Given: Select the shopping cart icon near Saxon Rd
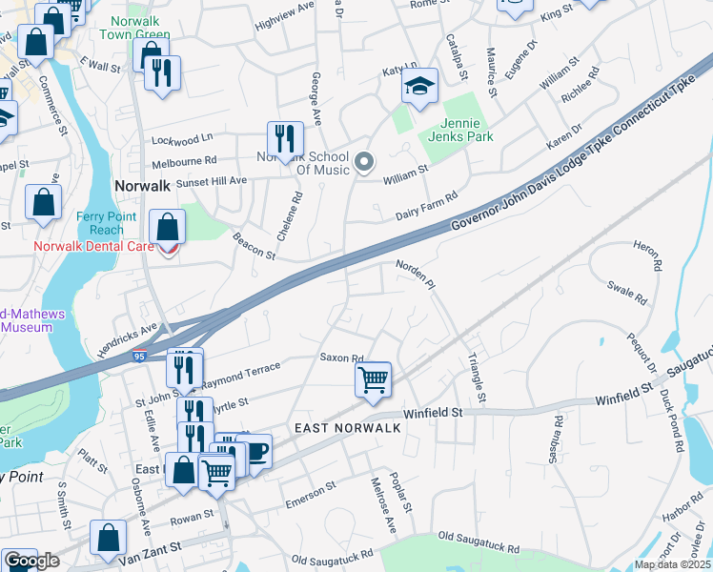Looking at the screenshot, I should pos(373,379).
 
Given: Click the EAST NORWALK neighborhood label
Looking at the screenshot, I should pos(348,428).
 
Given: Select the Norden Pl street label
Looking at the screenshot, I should pos(415,271).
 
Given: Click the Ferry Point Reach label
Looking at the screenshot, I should pos(100,223).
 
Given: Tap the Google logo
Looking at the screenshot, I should pos(31,561).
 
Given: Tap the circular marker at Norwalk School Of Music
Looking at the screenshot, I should pos(363,162).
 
